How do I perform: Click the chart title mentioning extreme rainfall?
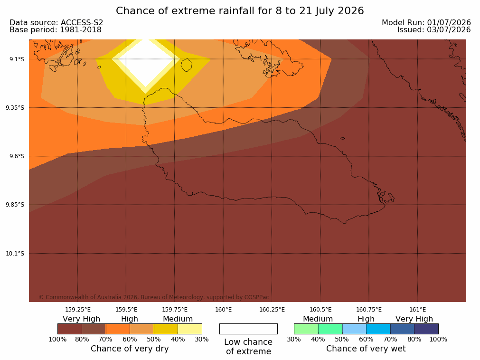240,11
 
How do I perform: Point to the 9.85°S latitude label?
15,205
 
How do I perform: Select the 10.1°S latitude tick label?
15,254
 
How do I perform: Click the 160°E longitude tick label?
224,310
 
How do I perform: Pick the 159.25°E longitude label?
78,310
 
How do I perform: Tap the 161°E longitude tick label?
417,310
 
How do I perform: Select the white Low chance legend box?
248,329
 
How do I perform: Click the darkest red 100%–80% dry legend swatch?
70,329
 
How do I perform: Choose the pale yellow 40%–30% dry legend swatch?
190,329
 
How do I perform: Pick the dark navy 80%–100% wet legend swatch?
426,329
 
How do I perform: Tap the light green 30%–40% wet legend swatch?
306,329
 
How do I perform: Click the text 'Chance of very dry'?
130,349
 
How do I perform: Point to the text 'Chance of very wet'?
366,349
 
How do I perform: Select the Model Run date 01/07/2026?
449,23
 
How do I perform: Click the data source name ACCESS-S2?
82,23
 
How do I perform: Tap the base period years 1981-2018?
81,30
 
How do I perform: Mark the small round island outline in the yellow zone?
187,65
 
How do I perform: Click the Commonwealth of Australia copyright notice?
154,297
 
